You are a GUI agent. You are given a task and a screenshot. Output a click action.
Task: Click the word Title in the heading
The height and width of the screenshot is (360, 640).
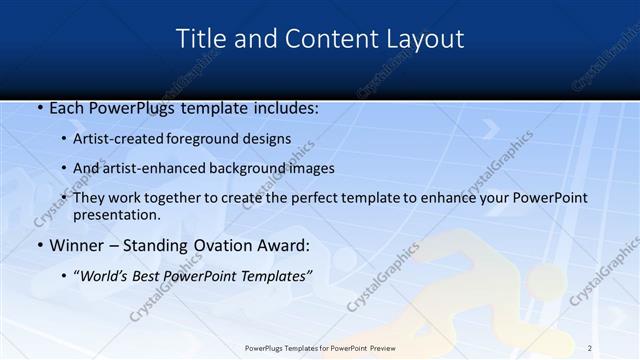201,39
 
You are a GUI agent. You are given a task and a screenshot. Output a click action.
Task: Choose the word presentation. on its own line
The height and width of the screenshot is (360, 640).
116,215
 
